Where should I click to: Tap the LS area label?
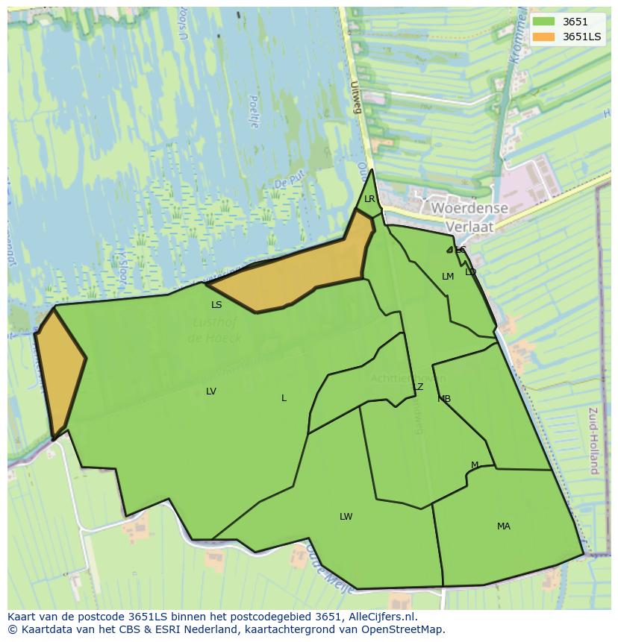click(216, 305)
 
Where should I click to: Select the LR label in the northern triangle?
click(369, 199)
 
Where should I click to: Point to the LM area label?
click(448, 277)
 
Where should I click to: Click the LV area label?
click(211, 391)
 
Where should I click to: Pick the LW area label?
click(346, 517)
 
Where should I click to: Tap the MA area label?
click(504, 526)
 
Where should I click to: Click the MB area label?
click(444, 399)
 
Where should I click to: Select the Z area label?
click(420, 387)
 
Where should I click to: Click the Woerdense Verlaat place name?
click(470, 217)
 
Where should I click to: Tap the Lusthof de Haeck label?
click(216, 330)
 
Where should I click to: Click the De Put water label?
click(284, 183)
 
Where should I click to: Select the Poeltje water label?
click(253, 111)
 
